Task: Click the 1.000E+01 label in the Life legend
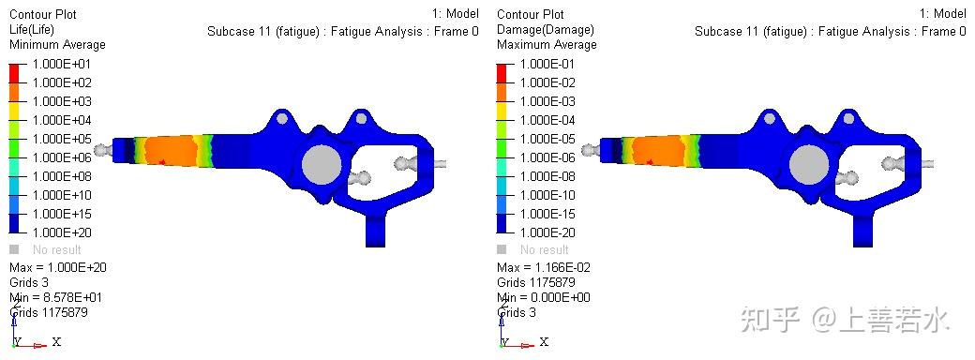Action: point(61,64)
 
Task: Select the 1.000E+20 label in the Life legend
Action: point(61,232)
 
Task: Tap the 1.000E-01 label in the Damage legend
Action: point(547,64)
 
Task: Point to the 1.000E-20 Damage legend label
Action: point(547,232)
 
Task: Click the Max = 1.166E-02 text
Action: point(544,267)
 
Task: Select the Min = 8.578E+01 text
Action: point(56,297)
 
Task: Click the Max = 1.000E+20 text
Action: point(56,267)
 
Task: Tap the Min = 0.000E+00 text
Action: point(544,297)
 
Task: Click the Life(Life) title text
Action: point(32,29)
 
